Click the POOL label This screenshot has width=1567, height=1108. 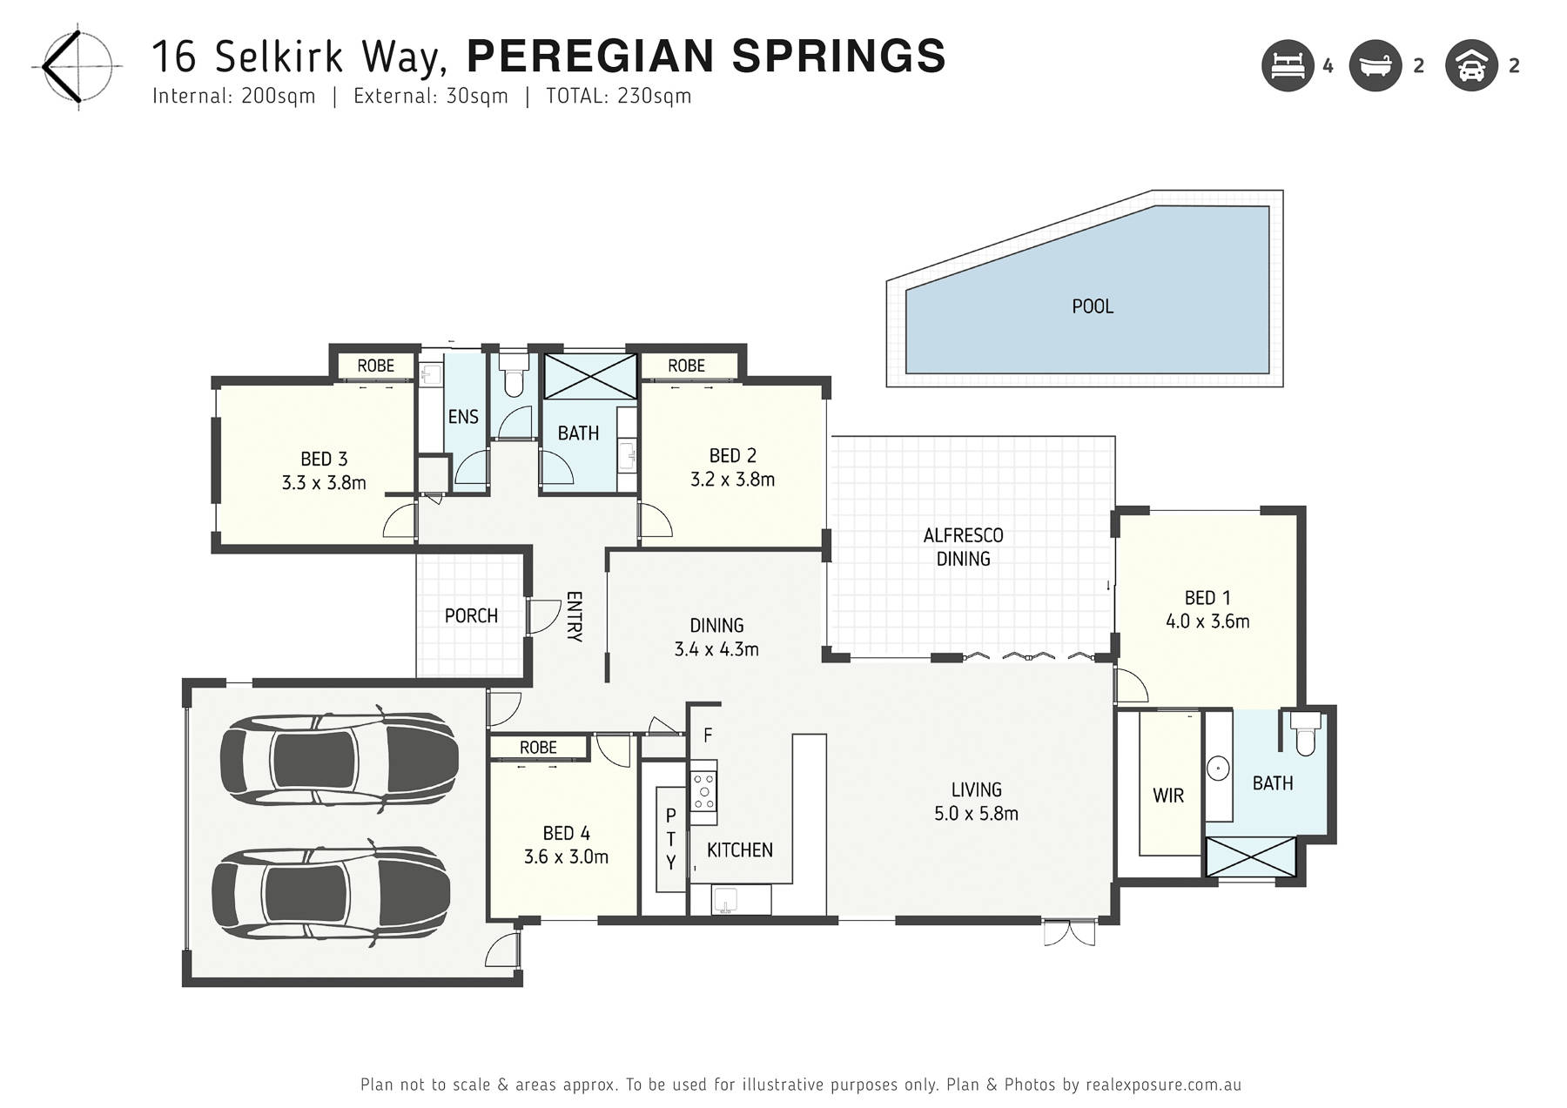click(x=1093, y=306)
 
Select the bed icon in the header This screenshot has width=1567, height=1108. click(x=1288, y=65)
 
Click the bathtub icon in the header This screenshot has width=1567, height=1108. click(x=1375, y=65)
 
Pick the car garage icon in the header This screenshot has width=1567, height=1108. click(x=1471, y=65)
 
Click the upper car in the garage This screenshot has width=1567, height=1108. click(x=339, y=759)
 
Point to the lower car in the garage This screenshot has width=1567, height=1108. click(x=332, y=894)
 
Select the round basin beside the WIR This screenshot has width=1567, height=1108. click(x=1217, y=769)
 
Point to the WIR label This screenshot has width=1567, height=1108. click(x=1168, y=796)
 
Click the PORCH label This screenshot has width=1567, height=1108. click(x=471, y=616)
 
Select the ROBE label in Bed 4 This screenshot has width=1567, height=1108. click(x=538, y=748)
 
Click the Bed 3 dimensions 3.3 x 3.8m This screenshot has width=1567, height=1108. click(x=324, y=483)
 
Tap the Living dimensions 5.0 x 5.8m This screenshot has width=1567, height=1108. click(x=976, y=814)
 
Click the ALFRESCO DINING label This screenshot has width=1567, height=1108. click(x=963, y=547)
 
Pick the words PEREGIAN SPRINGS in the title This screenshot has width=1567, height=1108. click(x=706, y=57)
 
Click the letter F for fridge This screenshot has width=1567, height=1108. click(x=708, y=735)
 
